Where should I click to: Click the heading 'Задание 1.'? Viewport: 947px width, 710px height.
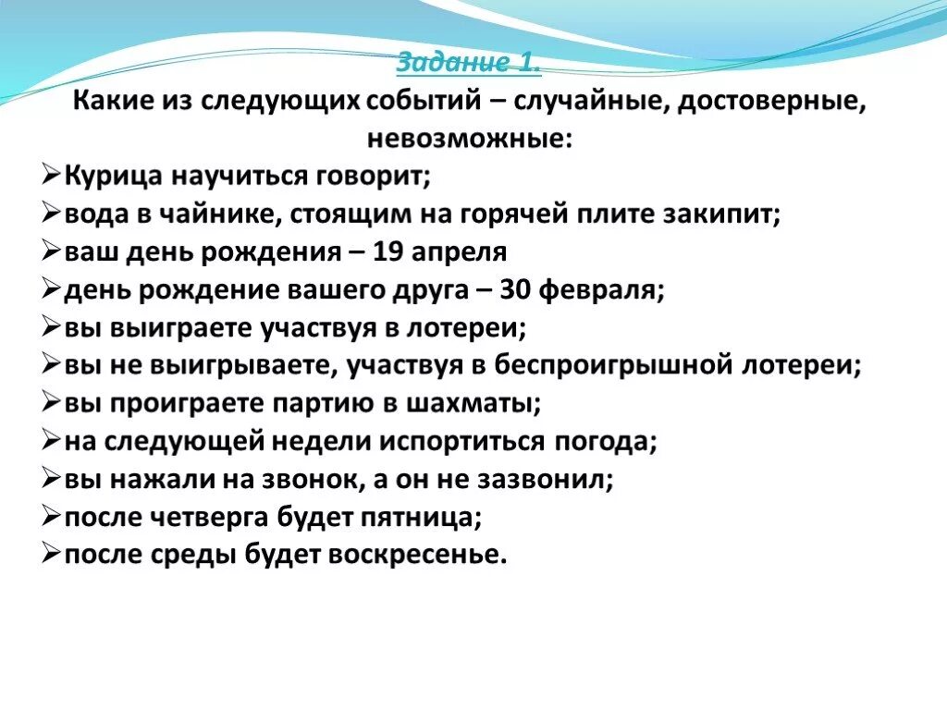pos(469,62)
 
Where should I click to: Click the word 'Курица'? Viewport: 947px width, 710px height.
pos(114,177)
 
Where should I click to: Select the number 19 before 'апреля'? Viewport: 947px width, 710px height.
pos(387,251)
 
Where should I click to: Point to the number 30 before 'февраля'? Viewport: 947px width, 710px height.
pos(515,289)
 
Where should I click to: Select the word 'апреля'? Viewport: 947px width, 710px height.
pos(459,253)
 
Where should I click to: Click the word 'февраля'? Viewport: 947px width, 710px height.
pos(601,291)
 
